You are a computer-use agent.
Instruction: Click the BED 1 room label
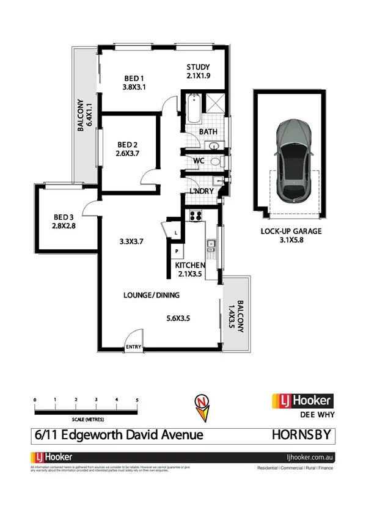point(134,78)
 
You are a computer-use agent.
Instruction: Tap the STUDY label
point(198,67)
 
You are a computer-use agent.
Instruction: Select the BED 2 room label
point(128,145)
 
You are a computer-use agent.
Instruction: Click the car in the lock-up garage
point(293,159)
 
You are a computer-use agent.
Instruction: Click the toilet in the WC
point(216,162)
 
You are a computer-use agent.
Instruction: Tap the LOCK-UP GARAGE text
point(291,231)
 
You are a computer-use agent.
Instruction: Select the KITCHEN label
point(189,266)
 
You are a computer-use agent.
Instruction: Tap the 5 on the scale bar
point(137,399)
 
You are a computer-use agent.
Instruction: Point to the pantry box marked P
point(177,251)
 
